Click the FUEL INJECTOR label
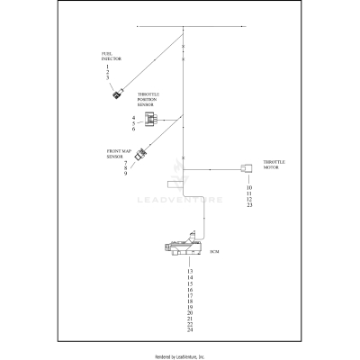pyautogui.click(x=109, y=57)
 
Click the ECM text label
pyautogui.click(x=213, y=252)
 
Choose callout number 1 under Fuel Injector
pyautogui.click(x=107, y=67)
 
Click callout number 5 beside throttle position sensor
pyautogui.click(x=133, y=123)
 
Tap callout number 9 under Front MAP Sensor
pyautogui.click(x=125, y=173)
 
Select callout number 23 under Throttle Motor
pyautogui.click(x=248, y=206)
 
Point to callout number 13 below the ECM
pyautogui.click(x=190, y=271)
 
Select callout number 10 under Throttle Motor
pyautogui.click(x=248, y=187)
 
